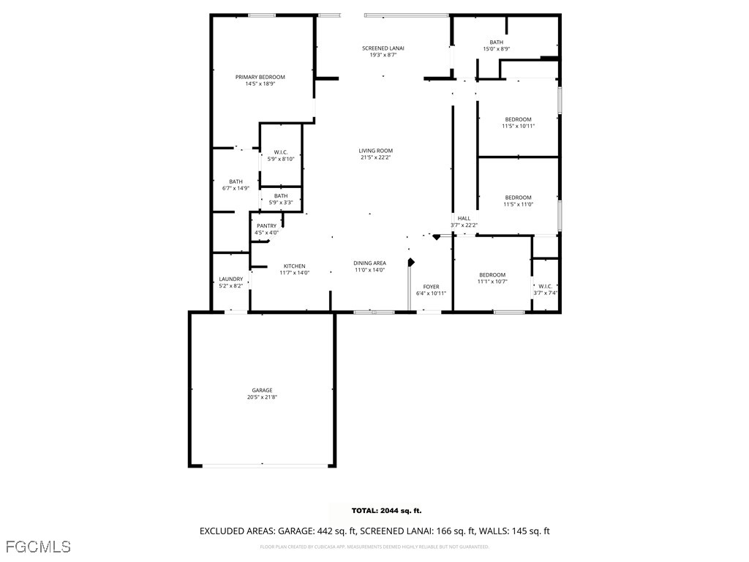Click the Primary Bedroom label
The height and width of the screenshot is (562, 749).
[260, 77]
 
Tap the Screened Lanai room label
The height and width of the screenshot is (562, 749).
[383, 48]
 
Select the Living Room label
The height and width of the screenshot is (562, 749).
[375, 151]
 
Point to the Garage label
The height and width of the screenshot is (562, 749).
[262, 390]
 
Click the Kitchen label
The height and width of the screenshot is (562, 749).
[295, 266]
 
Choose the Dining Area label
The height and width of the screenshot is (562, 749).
[369, 263]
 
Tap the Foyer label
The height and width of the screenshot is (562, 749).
[431, 287]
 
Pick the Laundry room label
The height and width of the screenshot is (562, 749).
[230, 280]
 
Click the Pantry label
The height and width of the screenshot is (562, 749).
[266, 225]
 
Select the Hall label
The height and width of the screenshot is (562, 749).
[464, 218]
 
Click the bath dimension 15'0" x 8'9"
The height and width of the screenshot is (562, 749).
[497, 49]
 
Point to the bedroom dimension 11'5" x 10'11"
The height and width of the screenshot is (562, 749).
[518, 126]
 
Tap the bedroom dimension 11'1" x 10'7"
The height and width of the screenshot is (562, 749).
[492, 282]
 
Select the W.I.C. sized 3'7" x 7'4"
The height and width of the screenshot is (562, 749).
[545, 293]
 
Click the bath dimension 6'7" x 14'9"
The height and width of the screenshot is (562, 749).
[236, 188]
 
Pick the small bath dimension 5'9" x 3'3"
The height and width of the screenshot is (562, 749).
[281, 203]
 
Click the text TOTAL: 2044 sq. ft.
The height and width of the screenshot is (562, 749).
[386, 511]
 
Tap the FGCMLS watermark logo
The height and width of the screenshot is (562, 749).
[38, 547]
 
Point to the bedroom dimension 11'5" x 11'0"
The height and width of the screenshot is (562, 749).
[518, 204]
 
